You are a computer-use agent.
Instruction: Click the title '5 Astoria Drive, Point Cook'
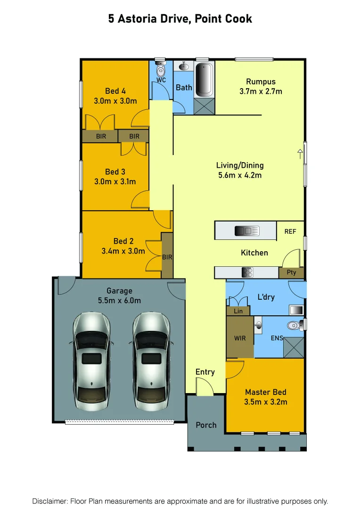coord(180,19)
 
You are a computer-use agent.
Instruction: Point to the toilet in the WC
coord(161,70)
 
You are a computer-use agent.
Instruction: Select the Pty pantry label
coord(291,272)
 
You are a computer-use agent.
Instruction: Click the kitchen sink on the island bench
coord(247,230)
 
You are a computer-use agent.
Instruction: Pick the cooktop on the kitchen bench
coord(247,272)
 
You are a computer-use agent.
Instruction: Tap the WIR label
coord(240,338)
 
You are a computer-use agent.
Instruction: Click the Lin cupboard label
coord(238,311)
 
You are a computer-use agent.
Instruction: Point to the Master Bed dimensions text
coord(265,402)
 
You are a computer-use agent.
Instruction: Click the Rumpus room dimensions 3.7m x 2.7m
coord(261,91)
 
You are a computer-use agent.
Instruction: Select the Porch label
coord(206,425)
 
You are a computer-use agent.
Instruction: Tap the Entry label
coord(205,372)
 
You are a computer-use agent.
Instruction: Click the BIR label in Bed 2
coord(167,257)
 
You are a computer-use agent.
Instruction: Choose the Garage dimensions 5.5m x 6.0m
coord(119,301)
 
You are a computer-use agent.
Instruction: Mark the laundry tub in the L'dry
coord(295,310)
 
